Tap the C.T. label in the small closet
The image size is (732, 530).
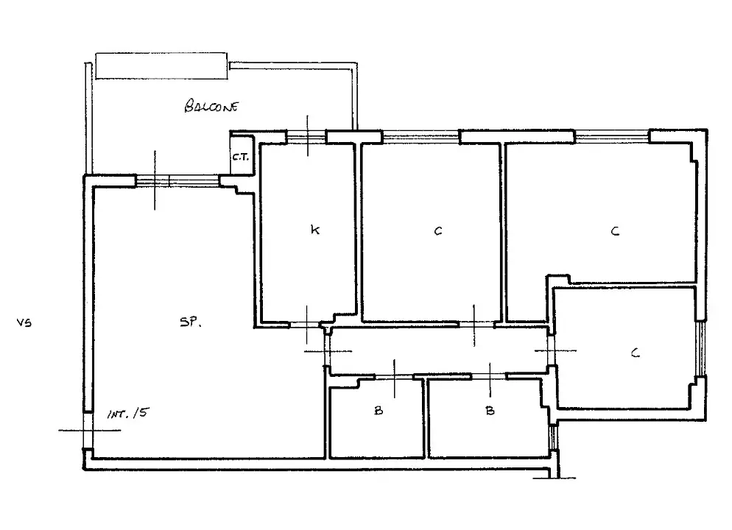(x=241, y=157)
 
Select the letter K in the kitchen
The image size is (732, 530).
(x=314, y=230)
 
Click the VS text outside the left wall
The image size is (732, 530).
(x=24, y=322)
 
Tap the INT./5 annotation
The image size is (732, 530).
(x=127, y=414)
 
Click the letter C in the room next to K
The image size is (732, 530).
(x=437, y=231)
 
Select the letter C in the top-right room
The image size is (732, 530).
(x=615, y=231)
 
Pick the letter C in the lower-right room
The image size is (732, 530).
(x=635, y=353)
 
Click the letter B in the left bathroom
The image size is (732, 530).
(x=378, y=411)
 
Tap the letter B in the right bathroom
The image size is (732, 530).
(x=490, y=411)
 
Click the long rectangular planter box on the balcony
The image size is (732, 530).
(x=162, y=66)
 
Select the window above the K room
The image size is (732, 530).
(x=306, y=135)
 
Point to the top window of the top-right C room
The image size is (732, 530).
(x=611, y=135)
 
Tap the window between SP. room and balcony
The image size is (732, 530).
(x=177, y=180)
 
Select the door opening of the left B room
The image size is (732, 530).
(x=394, y=377)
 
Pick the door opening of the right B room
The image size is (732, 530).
(x=488, y=376)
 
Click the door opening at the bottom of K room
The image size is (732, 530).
(x=306, y=324)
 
